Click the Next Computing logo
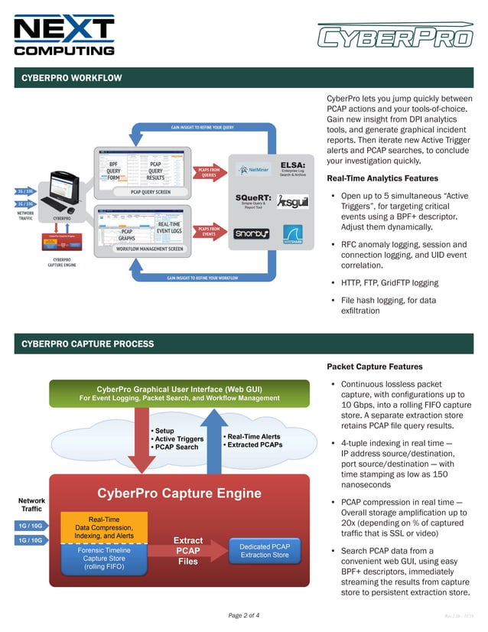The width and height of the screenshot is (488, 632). pos(64,34)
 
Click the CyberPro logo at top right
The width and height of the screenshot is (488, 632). pos(395,36)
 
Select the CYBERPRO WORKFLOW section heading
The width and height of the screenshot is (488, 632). pos(71,78)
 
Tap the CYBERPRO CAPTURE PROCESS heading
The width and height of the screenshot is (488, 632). pos(87,344)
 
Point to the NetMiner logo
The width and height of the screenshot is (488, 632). pos(253,170)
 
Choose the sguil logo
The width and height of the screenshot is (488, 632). pos(292,201)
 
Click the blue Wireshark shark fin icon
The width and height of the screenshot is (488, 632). pos(293,232)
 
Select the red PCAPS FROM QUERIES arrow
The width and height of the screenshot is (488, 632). pos(209,171)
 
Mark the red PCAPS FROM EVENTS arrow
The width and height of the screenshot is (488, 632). pos(209,230)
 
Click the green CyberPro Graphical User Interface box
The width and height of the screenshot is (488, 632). pos(179,393)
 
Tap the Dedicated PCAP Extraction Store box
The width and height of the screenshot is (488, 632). pos(264,551)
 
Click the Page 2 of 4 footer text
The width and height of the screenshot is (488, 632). pos(244,615)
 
